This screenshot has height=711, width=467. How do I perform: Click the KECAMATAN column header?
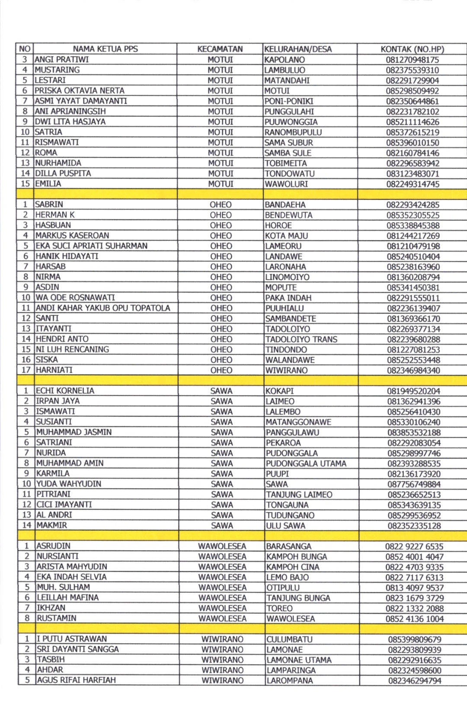click(220, 49)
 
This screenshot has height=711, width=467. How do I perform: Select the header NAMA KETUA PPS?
click(105, 49)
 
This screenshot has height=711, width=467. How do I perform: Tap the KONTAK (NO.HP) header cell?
click(412, 49)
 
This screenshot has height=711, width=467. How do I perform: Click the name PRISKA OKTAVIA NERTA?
click(80, 90)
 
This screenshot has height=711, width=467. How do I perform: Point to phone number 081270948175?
click(412, 60)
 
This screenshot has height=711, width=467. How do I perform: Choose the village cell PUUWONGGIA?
click(291, 122)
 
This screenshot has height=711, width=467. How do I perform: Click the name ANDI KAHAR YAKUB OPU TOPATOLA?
click(103, 308)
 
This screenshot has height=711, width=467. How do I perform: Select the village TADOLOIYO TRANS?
click(301, 339)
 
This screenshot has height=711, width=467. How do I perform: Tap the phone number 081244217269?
click(413, 236)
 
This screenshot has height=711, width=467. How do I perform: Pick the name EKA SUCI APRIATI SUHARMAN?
click(91, 246)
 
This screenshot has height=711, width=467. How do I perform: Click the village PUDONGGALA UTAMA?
click(306, 464)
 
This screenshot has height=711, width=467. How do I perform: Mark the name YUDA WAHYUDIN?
click(69, 484)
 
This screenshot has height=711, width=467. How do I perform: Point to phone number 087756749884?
click(414, 484)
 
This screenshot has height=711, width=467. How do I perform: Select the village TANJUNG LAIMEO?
click(299, 495)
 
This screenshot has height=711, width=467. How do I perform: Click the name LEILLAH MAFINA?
click(67, 597)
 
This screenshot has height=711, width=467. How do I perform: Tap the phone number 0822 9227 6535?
click(414, 546)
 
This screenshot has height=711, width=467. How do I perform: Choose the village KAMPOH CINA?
click(293, 567)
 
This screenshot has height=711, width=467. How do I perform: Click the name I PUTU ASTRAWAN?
click(71, 639)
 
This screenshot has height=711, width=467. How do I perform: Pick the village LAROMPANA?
click(289, 680)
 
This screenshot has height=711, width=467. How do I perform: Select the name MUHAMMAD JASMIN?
click(74, 432)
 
